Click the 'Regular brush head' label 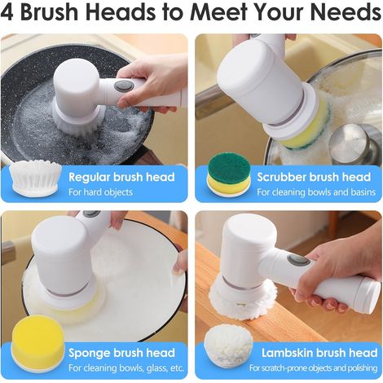pos(121,177)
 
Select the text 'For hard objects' pos(100,192)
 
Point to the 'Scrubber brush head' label pos(314,177)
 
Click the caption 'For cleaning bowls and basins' pos(316,192)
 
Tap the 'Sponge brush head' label pos(121,353)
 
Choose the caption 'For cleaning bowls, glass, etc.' pos(126,368)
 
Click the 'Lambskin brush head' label pos(319,353)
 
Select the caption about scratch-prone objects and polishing pos(313,368)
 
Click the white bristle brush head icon pos(35,177)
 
